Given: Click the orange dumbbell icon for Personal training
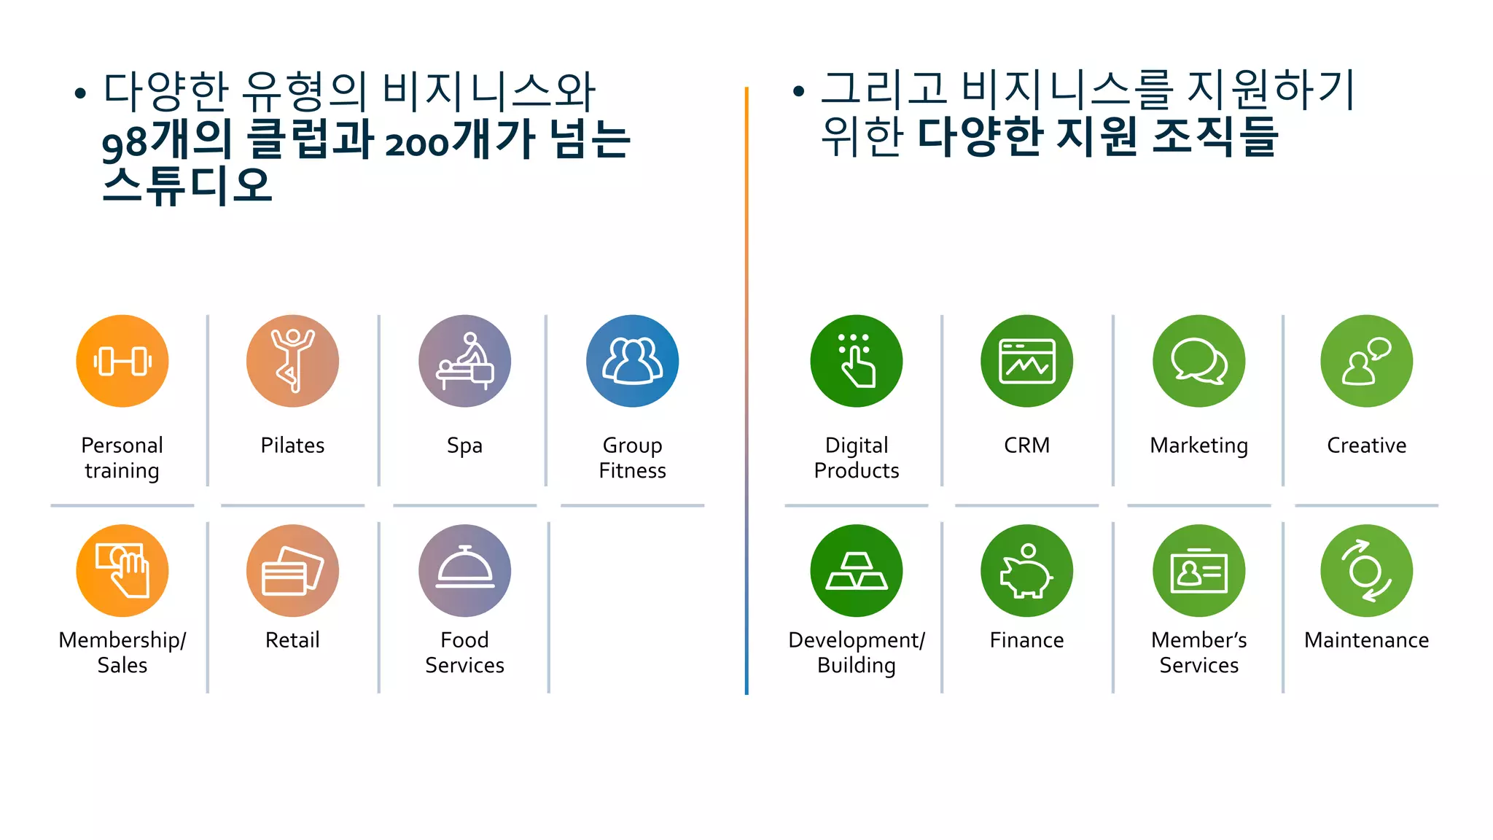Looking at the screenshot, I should coord(122,361).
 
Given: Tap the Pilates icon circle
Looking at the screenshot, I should coord(292,361).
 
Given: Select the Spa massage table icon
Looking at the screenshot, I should coord(464,361).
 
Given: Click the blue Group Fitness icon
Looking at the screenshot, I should coord(632,361).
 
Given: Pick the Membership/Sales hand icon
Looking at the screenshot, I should coord(122,570).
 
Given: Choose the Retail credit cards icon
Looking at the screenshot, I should coord(292,570).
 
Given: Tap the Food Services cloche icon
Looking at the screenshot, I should coord(464,570).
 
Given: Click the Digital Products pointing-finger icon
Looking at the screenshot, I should coord(856,361).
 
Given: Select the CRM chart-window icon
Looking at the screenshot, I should coord(1026,361).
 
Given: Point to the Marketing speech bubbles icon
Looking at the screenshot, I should coord(1198,361).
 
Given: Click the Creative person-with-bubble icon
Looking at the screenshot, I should coord(1366,361).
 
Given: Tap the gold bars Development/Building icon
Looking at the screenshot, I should coord(856,570).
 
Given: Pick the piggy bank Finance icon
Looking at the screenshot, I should coord(1026,570).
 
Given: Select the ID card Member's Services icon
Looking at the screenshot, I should coord(1198,570).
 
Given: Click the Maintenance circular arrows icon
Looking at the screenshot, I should coord(1366,570).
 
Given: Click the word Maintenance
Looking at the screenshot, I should coord(1366,640).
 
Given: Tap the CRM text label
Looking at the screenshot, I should coord(1026,445).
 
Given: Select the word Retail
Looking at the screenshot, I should coord(292,640).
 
